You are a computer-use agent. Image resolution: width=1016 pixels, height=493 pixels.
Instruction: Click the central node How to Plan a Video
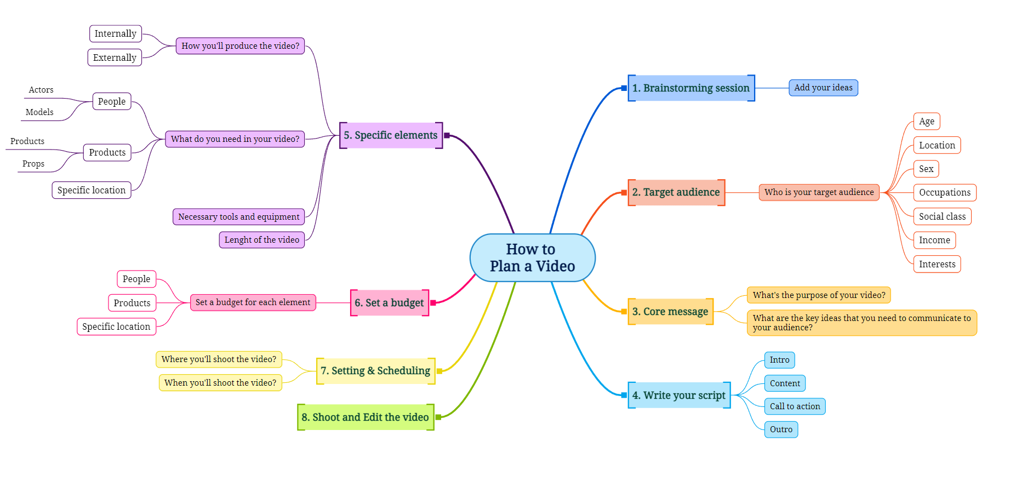532,257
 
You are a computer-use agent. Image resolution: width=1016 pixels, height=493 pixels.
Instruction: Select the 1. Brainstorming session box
690,88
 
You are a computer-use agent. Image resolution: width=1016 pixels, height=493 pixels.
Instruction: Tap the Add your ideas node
823,88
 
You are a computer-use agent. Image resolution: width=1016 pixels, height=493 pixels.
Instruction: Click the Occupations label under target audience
944,193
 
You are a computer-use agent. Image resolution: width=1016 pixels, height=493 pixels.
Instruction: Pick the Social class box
942,216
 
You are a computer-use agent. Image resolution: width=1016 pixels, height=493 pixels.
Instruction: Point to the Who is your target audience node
819,192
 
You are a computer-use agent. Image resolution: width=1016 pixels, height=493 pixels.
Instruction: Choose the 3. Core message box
670,312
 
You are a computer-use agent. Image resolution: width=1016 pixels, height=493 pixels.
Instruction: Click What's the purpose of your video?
819,295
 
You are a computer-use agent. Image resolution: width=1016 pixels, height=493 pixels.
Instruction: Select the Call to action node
795,406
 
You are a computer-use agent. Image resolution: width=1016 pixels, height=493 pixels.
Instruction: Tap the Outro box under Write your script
781,429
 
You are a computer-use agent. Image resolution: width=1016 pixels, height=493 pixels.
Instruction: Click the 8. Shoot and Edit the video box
366,417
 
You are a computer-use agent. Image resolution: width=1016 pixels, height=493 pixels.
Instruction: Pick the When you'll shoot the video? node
220,383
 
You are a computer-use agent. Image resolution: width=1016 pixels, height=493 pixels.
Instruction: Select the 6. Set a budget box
389,303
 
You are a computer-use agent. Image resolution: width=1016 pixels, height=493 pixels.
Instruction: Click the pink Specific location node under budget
116,326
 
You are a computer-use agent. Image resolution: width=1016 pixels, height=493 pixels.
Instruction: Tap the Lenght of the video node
261,240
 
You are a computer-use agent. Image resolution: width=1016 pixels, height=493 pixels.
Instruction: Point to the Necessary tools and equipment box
238,217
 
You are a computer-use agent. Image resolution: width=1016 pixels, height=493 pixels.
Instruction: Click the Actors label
41,90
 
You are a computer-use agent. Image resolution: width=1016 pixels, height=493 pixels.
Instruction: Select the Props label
33,164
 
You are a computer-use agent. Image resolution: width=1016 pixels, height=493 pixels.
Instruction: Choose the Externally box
115,58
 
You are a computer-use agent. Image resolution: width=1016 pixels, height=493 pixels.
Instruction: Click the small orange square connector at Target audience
624,193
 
